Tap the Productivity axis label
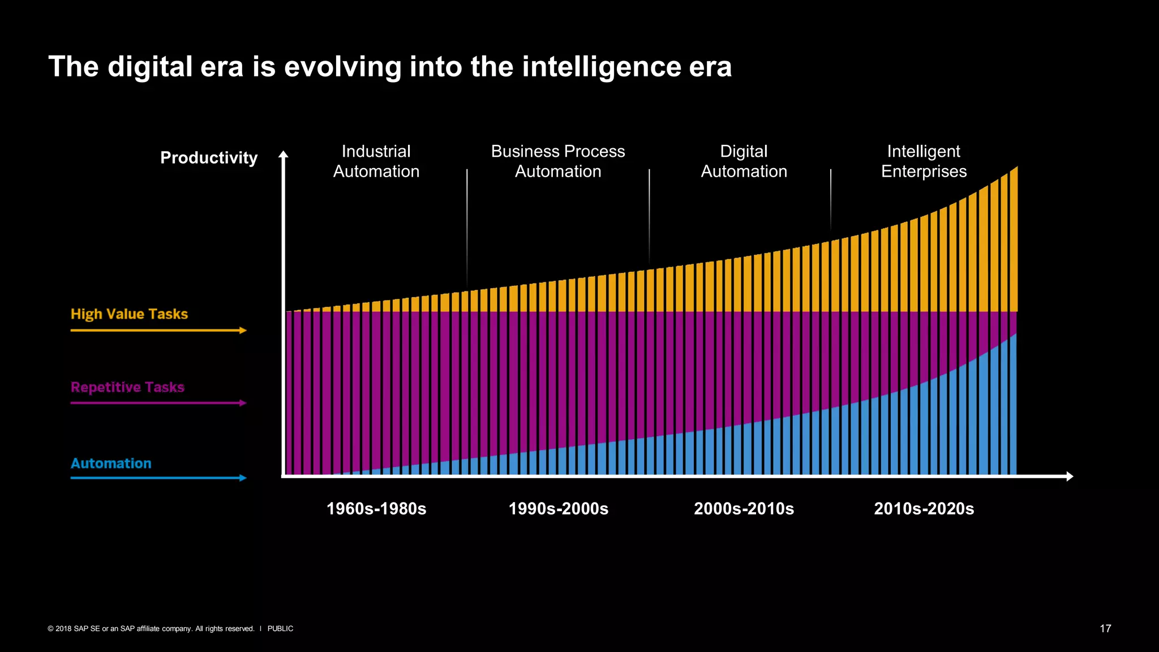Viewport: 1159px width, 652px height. click(x=209, y=158)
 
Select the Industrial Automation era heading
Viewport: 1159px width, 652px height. click(x=376, y=161)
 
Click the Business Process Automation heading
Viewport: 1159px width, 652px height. click(x=558, y=161)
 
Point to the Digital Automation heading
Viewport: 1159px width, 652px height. click(x=744, y=161)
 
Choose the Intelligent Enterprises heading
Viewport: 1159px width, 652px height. click(x=924, y=161)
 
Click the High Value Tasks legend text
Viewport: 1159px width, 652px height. click(x=129, y=314)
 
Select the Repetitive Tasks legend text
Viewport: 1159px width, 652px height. click(x=127, y=387)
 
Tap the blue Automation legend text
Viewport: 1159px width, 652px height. click(x=111, y=464)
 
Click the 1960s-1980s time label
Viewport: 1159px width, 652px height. click(x=376, y=509)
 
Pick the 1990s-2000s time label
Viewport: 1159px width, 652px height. click(x=559, y=509)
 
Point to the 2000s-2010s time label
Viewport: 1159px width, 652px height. click(x=744, y=509)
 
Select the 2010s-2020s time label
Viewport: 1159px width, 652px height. click(x=924, y=509)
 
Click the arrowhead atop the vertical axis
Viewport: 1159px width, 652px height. click(x=284, y=154)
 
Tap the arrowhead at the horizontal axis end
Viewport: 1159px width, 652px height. click(x=1069, y=477)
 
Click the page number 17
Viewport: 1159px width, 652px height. click(x=1105, y=628)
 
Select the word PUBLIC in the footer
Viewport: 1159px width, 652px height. click(x=280, y=629)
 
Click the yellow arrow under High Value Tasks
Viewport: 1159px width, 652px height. click(x=158, y=331)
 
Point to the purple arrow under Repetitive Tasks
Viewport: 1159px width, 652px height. click(x=158, y=403)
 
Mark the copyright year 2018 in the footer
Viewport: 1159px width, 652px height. click(x=63, y=629)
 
